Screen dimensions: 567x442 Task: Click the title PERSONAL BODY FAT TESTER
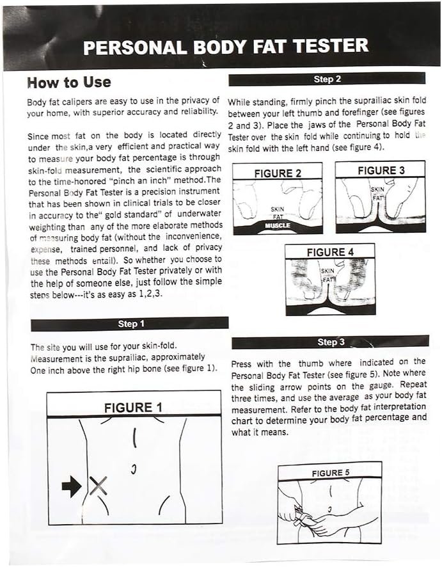pos(226,47)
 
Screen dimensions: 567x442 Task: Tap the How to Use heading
pos(68,83)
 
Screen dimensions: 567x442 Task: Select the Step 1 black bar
pos(130,324)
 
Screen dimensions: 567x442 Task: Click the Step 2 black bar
pos(327,79)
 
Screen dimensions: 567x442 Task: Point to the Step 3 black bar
pos(330,342)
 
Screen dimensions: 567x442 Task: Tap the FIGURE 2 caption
pos(278,173)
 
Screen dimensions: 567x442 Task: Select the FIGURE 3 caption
pos(381,170)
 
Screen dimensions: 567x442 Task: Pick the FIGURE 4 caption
pos(329,252)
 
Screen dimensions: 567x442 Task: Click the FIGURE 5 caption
pos(330,473)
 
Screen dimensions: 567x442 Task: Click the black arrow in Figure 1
pos(72,488)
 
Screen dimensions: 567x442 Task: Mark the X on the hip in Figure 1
pos(97,487)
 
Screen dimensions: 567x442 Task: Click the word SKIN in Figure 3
pos(377,190)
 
